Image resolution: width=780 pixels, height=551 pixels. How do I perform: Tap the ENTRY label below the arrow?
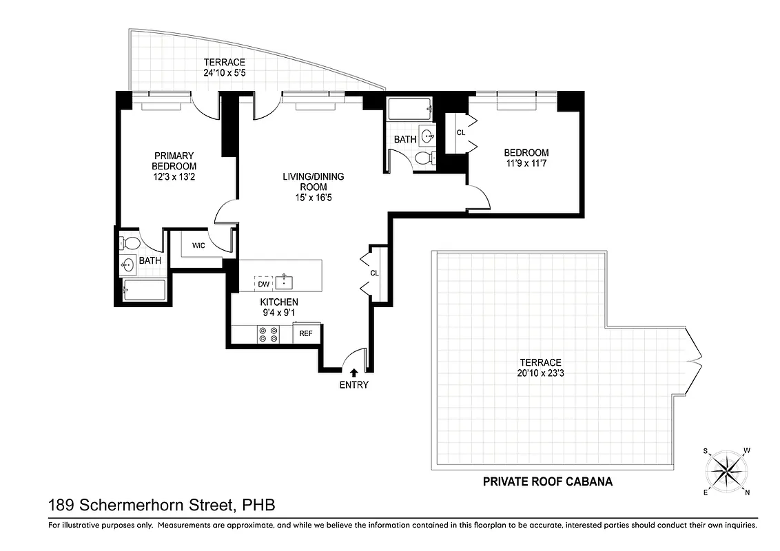353,385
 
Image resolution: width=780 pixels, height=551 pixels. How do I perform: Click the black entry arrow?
353,373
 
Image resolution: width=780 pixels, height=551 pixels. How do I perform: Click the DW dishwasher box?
263,283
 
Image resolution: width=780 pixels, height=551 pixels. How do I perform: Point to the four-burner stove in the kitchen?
268,334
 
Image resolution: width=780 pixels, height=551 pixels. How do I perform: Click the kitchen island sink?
285,281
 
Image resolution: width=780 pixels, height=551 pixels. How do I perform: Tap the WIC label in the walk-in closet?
198,245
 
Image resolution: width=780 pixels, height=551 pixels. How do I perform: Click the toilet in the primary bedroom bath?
130,243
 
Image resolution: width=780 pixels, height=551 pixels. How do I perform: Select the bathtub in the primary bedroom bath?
144,290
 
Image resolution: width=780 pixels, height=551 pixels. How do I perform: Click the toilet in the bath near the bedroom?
425,158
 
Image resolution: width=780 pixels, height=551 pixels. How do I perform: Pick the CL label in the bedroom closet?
460,132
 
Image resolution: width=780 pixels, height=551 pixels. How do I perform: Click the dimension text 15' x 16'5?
313,198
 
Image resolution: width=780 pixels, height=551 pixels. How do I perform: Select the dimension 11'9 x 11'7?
526,163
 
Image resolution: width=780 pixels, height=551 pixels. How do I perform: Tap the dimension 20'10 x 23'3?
540,373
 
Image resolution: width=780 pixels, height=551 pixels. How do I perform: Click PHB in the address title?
258,506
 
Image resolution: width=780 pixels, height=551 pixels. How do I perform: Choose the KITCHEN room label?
278,302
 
